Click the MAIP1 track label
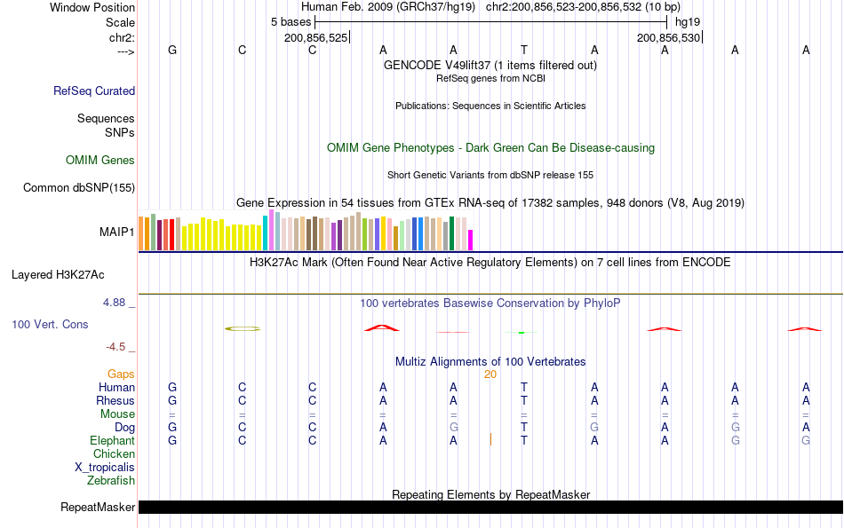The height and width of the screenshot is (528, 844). pyautogui.click(x=117, y=232)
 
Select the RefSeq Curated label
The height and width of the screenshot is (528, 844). pyautogui.click(x=94, y=91)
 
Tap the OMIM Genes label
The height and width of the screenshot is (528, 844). pyautogui.click(x=100, y=161)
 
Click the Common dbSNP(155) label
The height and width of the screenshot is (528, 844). pyautogui.click(x=79, y=187)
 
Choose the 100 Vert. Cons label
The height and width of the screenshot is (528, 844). pyautogui.click(x=50, y=325)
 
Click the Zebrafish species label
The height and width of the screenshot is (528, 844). pyautogui.click(x=111, y=481)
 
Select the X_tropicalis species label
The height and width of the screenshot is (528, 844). pyautogui.click(x=105, y=468)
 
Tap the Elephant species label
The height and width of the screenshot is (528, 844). pyautogui.click(x=112, y=441)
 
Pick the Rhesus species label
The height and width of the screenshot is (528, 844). pyautogui.click(x=115, y=400)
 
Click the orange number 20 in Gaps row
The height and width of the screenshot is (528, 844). pyautogui.click(x=490, y=374)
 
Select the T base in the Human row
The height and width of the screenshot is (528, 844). pyautogui.click(x=524, y=388)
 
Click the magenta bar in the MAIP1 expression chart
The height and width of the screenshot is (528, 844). pyautogui.click(x=470, y=240)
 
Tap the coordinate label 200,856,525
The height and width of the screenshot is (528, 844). pyautogui.click(x=316, y=38)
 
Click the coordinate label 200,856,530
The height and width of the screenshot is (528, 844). pyautogui.click(x=669, y=38)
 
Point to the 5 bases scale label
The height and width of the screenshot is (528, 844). pyautogui.click(x=291, y=21)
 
